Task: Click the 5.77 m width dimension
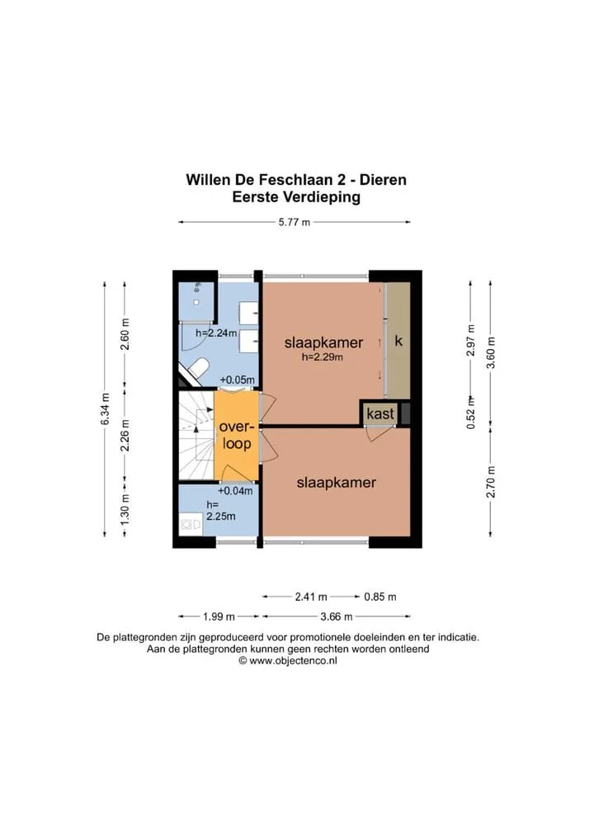point(294,222)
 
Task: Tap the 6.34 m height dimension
point(105,409)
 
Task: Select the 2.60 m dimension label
point(125,333)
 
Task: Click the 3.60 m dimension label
point(491,352)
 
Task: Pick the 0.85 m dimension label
point(380,597)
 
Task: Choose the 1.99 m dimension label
point(219,616)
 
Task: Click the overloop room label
point(236,435)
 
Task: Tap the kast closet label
point(380,413)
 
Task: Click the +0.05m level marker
point(238,380)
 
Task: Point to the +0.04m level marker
point(235,490)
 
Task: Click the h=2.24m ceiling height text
point(216,333)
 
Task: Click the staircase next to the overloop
point(196,436)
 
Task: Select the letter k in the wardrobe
point(398,341)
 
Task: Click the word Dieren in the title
point(383,179)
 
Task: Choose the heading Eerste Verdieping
point(296,197)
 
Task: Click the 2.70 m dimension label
point(491,482)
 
